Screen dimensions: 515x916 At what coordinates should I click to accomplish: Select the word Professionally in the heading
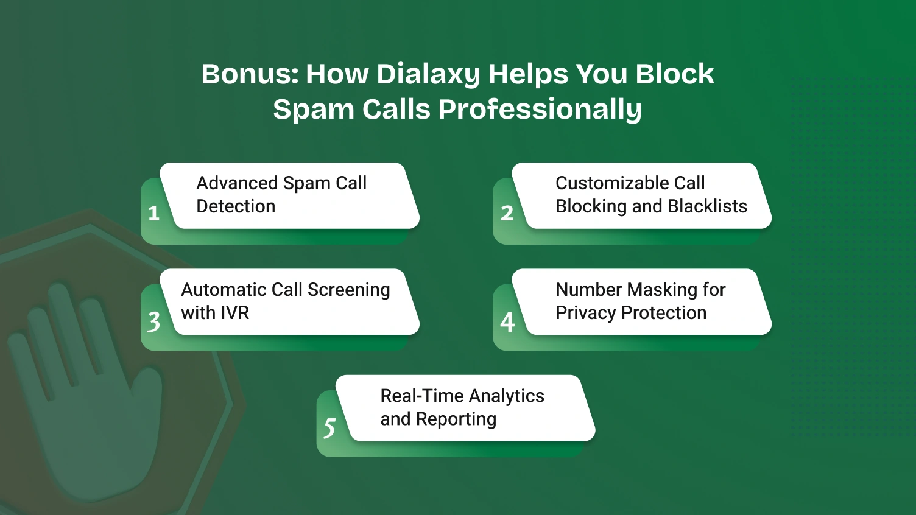[x=540, y=110]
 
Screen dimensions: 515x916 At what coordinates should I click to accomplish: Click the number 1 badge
[x=153, y=213]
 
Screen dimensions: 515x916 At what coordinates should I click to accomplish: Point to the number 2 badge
[x=507, y=213]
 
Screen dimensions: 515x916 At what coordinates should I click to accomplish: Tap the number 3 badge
[x=153, y=321]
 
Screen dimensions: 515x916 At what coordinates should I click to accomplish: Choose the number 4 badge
[x=507, y=321]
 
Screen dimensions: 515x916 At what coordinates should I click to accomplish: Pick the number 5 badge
[x=329, y=427]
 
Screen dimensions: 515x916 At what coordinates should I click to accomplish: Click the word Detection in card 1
[x=236, y=206]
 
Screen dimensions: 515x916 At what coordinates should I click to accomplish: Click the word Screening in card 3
[x=349, y=290]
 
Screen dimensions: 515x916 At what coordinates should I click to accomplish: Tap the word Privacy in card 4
[x=585, y=313]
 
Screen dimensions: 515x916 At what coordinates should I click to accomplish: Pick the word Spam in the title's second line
[x=314, y=110]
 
